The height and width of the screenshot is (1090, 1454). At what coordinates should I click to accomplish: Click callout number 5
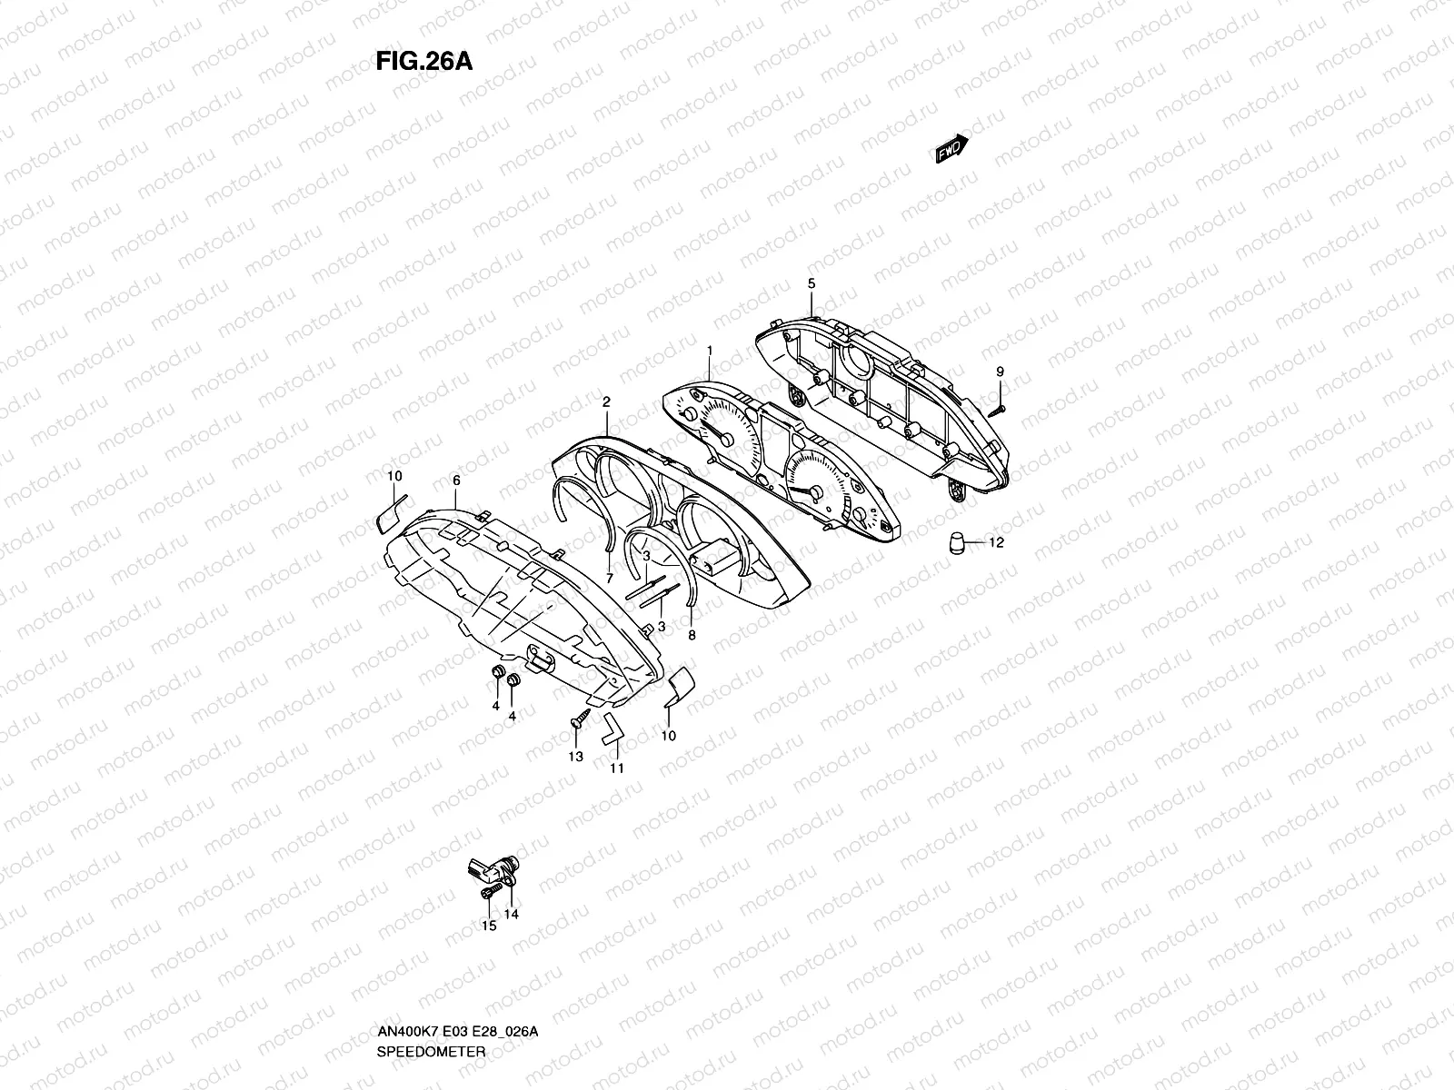click(x=812, y=284)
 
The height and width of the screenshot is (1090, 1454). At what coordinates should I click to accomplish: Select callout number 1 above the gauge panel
click(x=709, y=350)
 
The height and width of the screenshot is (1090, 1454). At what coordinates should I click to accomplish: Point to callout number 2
click(x=606, y=401)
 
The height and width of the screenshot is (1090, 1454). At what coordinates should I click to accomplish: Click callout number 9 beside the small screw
click(x=1000, y=372)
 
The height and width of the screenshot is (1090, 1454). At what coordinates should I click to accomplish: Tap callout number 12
click(x=997, y=543)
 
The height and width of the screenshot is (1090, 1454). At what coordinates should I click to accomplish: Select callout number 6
click(x=456, y=480)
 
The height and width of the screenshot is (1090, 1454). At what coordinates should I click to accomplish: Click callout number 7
click(x=609, y=578)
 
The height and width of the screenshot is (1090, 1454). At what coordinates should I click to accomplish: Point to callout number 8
click(x=692, y=636)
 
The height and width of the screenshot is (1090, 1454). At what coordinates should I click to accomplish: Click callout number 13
click(x=575, y=756)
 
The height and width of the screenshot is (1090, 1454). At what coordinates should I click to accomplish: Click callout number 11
click(x=617, y=768)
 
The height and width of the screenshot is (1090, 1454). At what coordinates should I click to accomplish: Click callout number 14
click(x=512, y=914)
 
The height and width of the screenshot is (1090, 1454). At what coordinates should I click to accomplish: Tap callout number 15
click(x=488, y=926)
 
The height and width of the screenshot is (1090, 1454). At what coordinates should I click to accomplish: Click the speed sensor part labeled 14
click(x=494, y=867)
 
